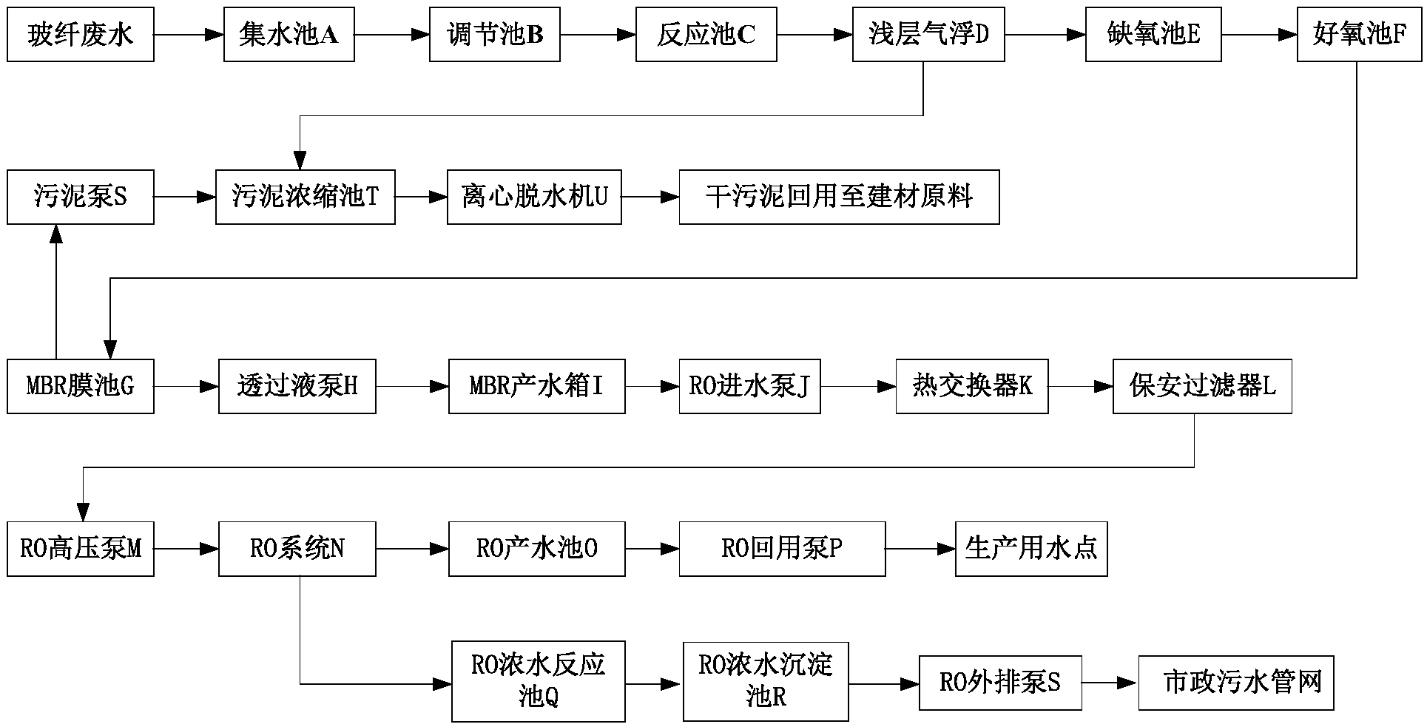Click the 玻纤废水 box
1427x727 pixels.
point(81,34)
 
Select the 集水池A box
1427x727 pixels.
point(289,34)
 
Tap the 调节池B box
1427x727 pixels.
point(495,34)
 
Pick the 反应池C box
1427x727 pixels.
point(706,34)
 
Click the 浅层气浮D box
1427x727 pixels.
point(928,34)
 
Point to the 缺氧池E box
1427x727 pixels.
point(1153,34)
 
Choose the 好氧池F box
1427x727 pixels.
point(1359,34)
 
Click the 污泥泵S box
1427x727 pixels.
point(81,197)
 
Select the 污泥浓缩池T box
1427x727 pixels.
point(306,197)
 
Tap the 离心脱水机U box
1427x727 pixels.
point(534,197)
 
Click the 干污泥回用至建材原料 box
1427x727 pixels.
point(840,197)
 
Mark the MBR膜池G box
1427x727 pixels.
point(81,386)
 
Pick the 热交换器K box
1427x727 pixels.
point(972,386)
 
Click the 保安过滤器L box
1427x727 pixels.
point(1203,386)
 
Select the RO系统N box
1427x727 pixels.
point(297,549)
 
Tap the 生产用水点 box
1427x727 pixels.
point(1031,549)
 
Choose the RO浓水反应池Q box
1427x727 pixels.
point(539,682)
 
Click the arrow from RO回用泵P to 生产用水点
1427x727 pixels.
point(920,549)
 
